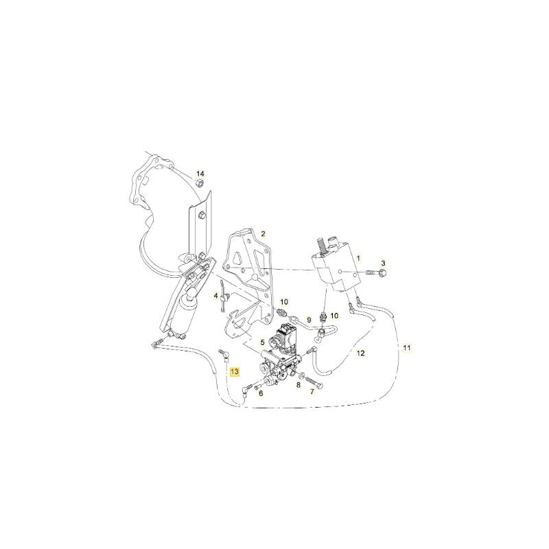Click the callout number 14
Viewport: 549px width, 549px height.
pyautogui.click(x=200, y=174)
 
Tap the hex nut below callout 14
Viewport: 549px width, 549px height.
pyautogui.click(x=200, y=183)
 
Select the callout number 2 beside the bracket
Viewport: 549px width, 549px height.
pyautogui.click(x=263, y=234)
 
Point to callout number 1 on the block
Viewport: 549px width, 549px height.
pyautogui.click(x=358, y=259)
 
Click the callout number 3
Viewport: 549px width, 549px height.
pyautogui.click(x=383, y=264)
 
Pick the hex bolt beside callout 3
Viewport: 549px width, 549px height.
pyautogui.click(x=376, y=272)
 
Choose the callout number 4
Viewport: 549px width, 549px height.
pyautogui.click(x=215, y=296)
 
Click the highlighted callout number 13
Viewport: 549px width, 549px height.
pyautogui.click(x=235, y=371)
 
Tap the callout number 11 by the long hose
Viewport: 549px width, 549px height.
pyautogui.click(x=407, y=348)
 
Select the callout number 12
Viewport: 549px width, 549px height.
pyautogui.click(x=361, y=353)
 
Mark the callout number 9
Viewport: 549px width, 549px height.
pyautogui.click(x=309, y=320)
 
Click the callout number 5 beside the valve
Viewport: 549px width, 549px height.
pyautogui.click(x=262, y=342)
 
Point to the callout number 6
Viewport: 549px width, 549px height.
pyautogui.click(x=261, y=393)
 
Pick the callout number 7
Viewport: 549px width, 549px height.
pyautogui.click(x=312, y=392)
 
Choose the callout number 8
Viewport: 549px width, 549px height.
pyautogui.click(x=299, y=385)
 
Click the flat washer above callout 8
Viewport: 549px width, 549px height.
pyautogui.click(x=301, y=375)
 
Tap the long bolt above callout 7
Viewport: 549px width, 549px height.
pyautogui.click(x=315, y=382)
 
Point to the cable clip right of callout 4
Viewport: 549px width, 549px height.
pyautogui.click(x=224, y=298)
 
